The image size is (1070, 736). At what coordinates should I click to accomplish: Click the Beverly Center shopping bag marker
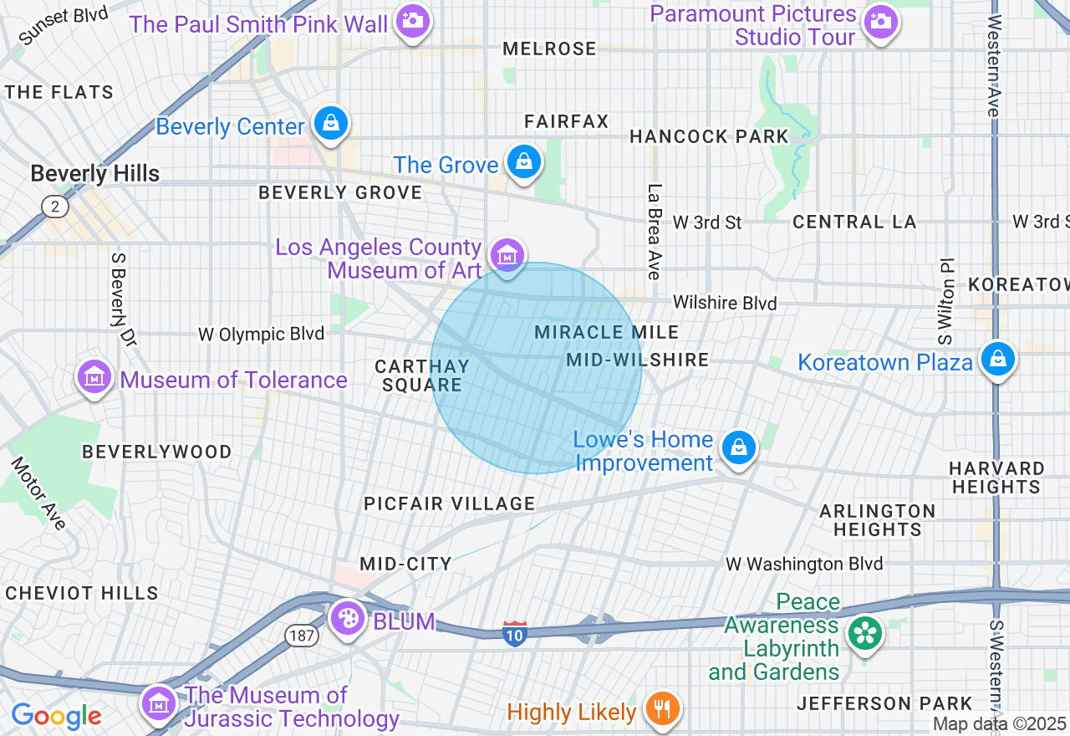(331, 124)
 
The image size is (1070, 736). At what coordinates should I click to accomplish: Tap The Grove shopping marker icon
(524, 162)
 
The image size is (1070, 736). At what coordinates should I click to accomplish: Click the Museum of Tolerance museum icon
(94, 377)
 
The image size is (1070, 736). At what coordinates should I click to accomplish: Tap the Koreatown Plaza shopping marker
(997, 359)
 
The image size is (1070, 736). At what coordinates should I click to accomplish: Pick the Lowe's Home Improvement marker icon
(739, 447)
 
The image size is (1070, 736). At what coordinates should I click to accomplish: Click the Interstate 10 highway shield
(515, 633)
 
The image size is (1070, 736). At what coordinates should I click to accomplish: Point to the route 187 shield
(302, 636)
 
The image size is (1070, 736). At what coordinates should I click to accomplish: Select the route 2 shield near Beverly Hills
(54, 207)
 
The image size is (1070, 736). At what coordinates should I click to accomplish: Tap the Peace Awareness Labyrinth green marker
(865, 633)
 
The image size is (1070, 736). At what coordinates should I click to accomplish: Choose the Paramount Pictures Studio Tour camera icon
(880, 21)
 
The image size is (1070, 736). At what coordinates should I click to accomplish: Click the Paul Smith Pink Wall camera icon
(412, 21)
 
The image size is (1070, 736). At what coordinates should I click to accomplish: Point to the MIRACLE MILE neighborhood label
(606, 332)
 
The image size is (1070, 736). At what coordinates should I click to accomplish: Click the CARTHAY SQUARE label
(421, 376)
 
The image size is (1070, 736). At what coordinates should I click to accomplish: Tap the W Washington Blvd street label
(804, 564)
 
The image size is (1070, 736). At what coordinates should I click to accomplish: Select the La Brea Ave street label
(655, 232)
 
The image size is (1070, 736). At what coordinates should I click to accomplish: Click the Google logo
(56, 716)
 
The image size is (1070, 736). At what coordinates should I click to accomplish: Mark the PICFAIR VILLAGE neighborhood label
(449, 503)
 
